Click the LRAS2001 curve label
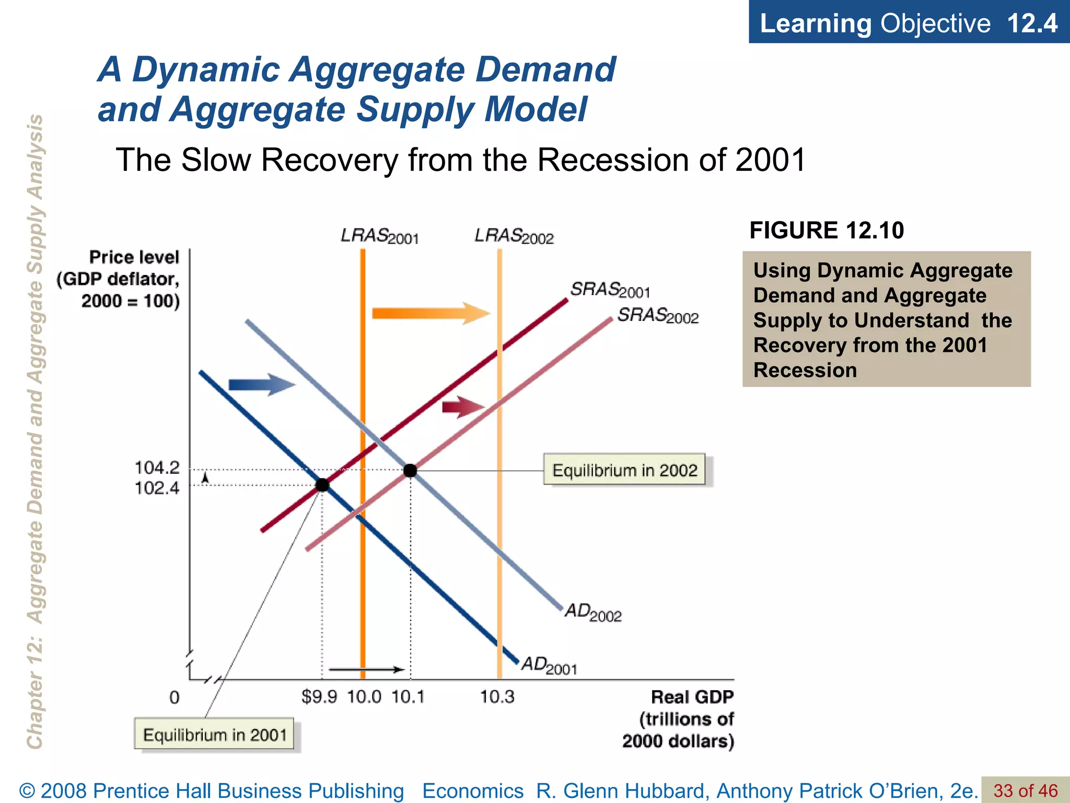(380, 236)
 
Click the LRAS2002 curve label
(514, 236)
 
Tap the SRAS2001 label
(610, 290)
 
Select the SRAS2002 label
(658, 316)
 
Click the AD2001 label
(549, 665)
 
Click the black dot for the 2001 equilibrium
(322, 485)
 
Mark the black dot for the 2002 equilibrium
(410, 471)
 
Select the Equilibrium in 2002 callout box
(624, 470)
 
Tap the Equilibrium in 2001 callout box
(214, 735)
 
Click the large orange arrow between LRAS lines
(431, 313)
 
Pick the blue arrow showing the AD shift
(262, 385)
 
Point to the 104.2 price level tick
(157, 467)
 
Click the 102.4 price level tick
(157, 488)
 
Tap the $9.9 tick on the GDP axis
(319, 697)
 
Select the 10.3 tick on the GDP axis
(497, 697)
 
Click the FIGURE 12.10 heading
(827, 231)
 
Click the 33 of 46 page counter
(1025, 790)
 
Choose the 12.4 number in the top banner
(1032, 24)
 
